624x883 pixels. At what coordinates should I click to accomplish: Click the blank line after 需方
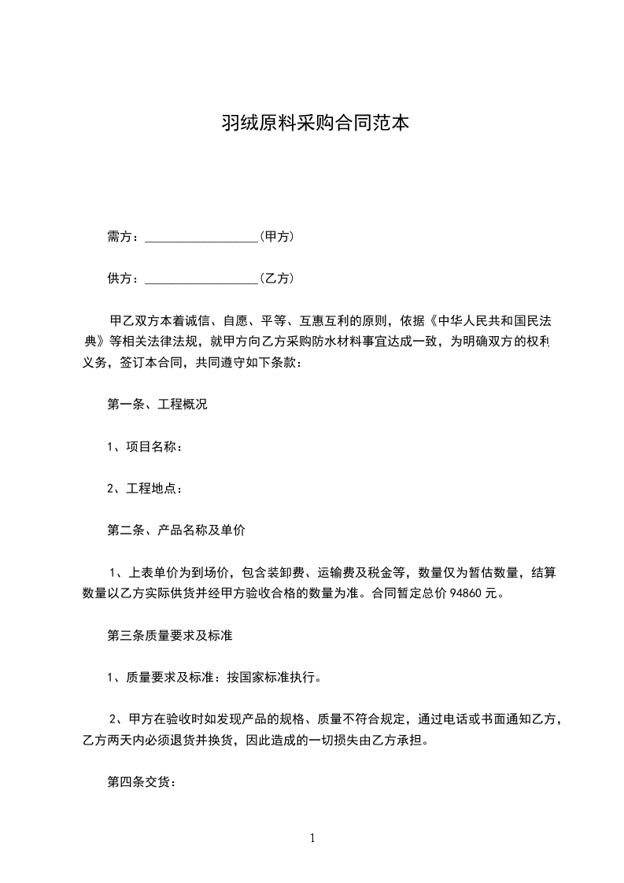pyautogui.click(x=202, y=237)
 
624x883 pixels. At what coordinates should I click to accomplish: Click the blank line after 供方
pyautogui.click(x=202, y=279)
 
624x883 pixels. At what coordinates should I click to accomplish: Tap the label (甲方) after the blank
pyautogui.click(x=276, y=236)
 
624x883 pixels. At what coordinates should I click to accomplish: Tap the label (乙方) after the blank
pyautogui.click(x=276, y=278)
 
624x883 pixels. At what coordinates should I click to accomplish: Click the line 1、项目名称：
pyautogui.click(x=145, y=447)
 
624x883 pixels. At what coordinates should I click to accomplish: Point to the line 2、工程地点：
pyautogui.click(x=145, y=489)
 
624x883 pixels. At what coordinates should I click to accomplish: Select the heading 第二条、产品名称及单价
pyautogui.click(x=176, y=530)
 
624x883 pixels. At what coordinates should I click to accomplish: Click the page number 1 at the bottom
pyautogui.click(x=313, y=838)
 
